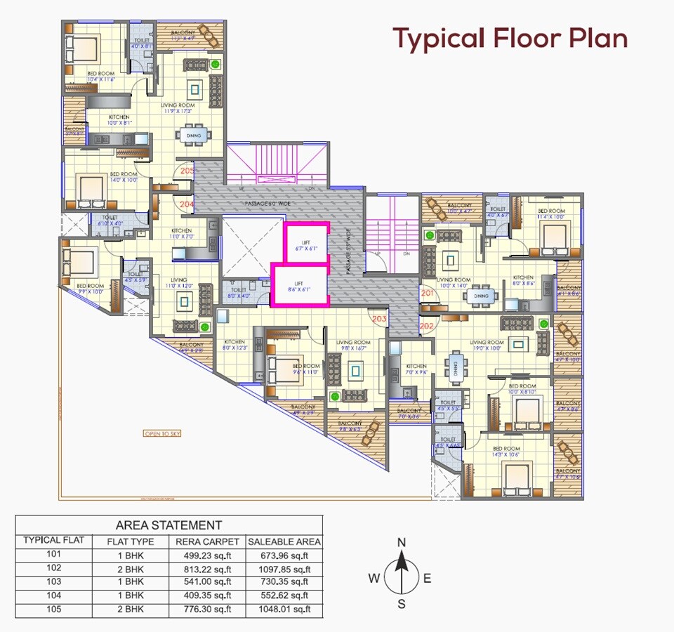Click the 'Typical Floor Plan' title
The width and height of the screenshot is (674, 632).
click(x=510, y=38)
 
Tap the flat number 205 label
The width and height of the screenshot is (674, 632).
click(x=187, y=171)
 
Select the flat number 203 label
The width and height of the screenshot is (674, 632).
click(x=380, y=318)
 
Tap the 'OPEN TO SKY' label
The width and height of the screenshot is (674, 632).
click(x=162, y=433)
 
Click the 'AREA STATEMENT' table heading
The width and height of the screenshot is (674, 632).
click(x=168, y=525)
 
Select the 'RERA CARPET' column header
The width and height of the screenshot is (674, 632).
click(x=206, y=541)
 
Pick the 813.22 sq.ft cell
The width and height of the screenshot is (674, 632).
click(x=206, y=568)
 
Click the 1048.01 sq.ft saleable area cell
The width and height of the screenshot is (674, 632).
click(x=284, y=609)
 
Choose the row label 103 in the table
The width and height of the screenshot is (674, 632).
click(x=54, y=581)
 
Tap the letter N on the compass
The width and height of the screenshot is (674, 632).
click(x=402, y=542)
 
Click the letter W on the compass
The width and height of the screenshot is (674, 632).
click(x=374, y=578)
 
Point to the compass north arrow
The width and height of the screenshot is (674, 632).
click(x=402, y=565)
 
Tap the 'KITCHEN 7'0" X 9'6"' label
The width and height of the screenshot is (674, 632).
click(x=416, y=370)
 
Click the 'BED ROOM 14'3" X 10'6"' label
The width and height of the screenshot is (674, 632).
click(x=506, y=452)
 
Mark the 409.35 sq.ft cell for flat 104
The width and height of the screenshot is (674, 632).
click(x=206, y=595)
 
